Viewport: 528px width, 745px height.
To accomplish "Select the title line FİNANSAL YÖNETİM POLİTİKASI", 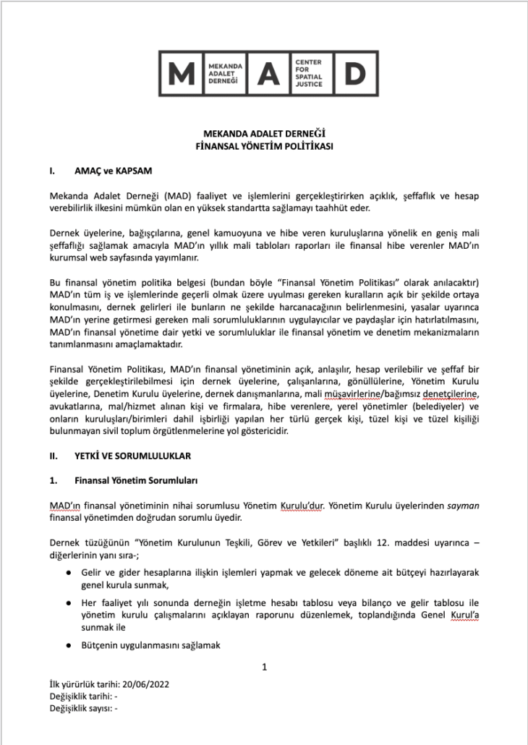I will click(264, 145).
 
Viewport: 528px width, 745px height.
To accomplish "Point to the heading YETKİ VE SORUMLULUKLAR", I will click(132, 456).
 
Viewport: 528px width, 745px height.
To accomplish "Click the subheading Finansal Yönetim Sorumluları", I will click(137, 480).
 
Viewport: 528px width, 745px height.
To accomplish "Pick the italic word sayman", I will click(464, 506).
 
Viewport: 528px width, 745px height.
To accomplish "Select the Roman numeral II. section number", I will click(53, 456).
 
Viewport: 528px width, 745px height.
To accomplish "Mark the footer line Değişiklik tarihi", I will click(82, 697).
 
